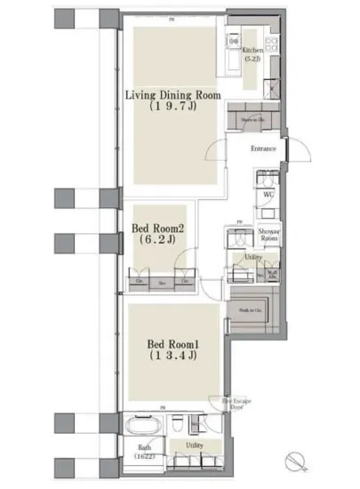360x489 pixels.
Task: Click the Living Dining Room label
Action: (172, 95)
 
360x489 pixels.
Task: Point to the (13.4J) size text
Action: (170, 357)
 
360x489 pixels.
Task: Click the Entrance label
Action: (264, 148)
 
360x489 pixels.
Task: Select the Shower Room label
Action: (269, 233)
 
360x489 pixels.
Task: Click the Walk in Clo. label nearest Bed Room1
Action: (251, 309)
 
